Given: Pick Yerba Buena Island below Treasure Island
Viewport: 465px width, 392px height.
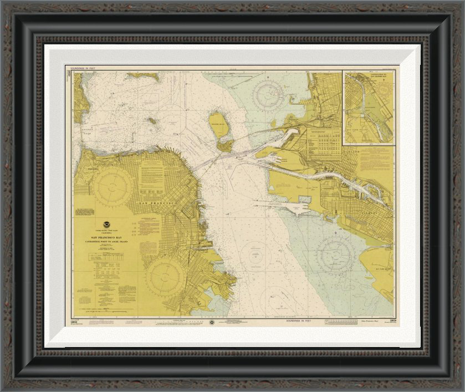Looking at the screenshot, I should click(225, 145).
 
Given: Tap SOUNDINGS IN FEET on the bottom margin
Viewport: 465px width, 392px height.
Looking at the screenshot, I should click(299, 321).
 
